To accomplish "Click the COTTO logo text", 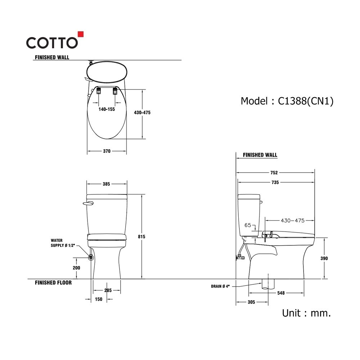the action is (52, 43).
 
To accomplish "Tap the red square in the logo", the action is (81, 34).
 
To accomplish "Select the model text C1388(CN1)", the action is (306, 101).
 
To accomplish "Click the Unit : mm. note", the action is (306, 313).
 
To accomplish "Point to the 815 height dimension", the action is (141, 237).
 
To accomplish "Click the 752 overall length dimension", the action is (274, 173).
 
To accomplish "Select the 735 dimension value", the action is (275, 183).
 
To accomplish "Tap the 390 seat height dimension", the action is (324, 258).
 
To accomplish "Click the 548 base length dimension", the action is (281, 293).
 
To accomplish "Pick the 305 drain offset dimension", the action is (251, 302).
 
